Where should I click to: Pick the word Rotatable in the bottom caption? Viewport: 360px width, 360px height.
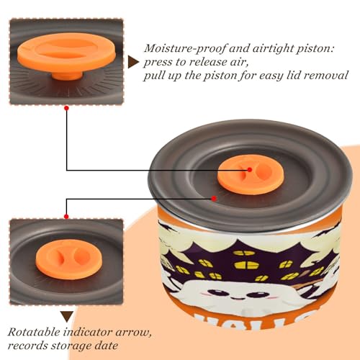coord(34,333)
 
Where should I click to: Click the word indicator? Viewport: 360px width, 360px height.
coord(88,333)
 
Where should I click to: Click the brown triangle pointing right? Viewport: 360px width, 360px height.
coord(132,63)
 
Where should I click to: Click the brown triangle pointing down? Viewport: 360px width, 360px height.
coord(67,317)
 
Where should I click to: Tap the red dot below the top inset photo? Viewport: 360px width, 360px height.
coord(67,108)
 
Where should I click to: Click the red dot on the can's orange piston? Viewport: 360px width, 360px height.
coord(250,170)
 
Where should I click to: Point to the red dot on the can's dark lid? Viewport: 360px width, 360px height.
coord(214,199)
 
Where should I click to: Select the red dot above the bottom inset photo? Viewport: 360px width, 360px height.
coord(66,217)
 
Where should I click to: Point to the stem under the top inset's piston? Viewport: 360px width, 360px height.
coord(67,75)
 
